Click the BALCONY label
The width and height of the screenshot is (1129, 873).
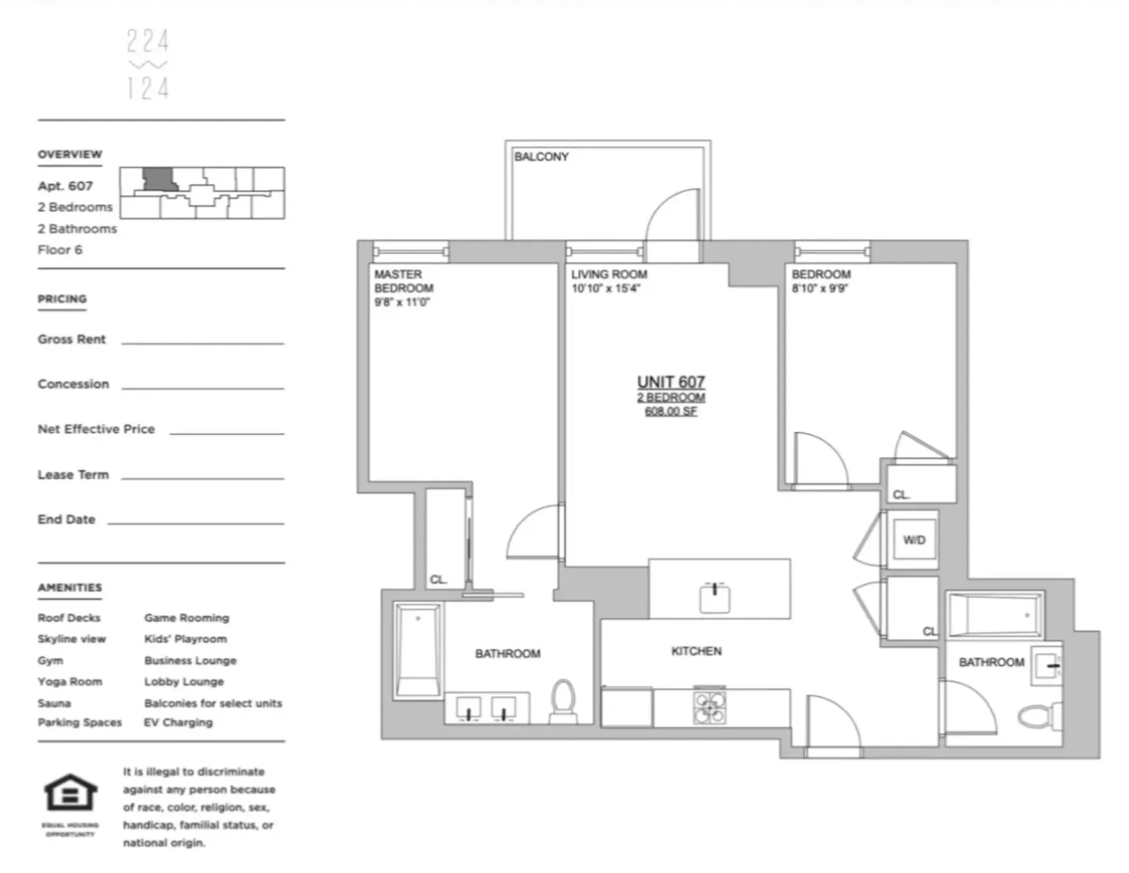541,157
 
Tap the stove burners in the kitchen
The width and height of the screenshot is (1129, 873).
710,707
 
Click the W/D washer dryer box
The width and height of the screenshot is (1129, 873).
914,540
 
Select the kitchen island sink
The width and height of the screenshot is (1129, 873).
715,598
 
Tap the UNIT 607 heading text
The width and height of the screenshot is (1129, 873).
671,382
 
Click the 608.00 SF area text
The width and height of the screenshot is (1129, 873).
671,412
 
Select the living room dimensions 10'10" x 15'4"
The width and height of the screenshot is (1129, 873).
606,288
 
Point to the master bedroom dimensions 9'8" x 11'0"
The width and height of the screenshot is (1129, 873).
402,303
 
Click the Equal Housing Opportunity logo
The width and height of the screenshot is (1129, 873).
71,793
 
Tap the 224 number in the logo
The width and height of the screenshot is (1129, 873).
148,42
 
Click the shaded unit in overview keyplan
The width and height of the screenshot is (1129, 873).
157,179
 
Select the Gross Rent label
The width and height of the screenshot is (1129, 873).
72,339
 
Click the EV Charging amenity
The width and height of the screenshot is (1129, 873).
178,723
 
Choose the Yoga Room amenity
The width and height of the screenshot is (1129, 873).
69,682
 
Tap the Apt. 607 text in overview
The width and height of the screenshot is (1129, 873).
65,186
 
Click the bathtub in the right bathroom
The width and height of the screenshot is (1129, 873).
994,616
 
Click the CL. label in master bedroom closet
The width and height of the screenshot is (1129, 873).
438,580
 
